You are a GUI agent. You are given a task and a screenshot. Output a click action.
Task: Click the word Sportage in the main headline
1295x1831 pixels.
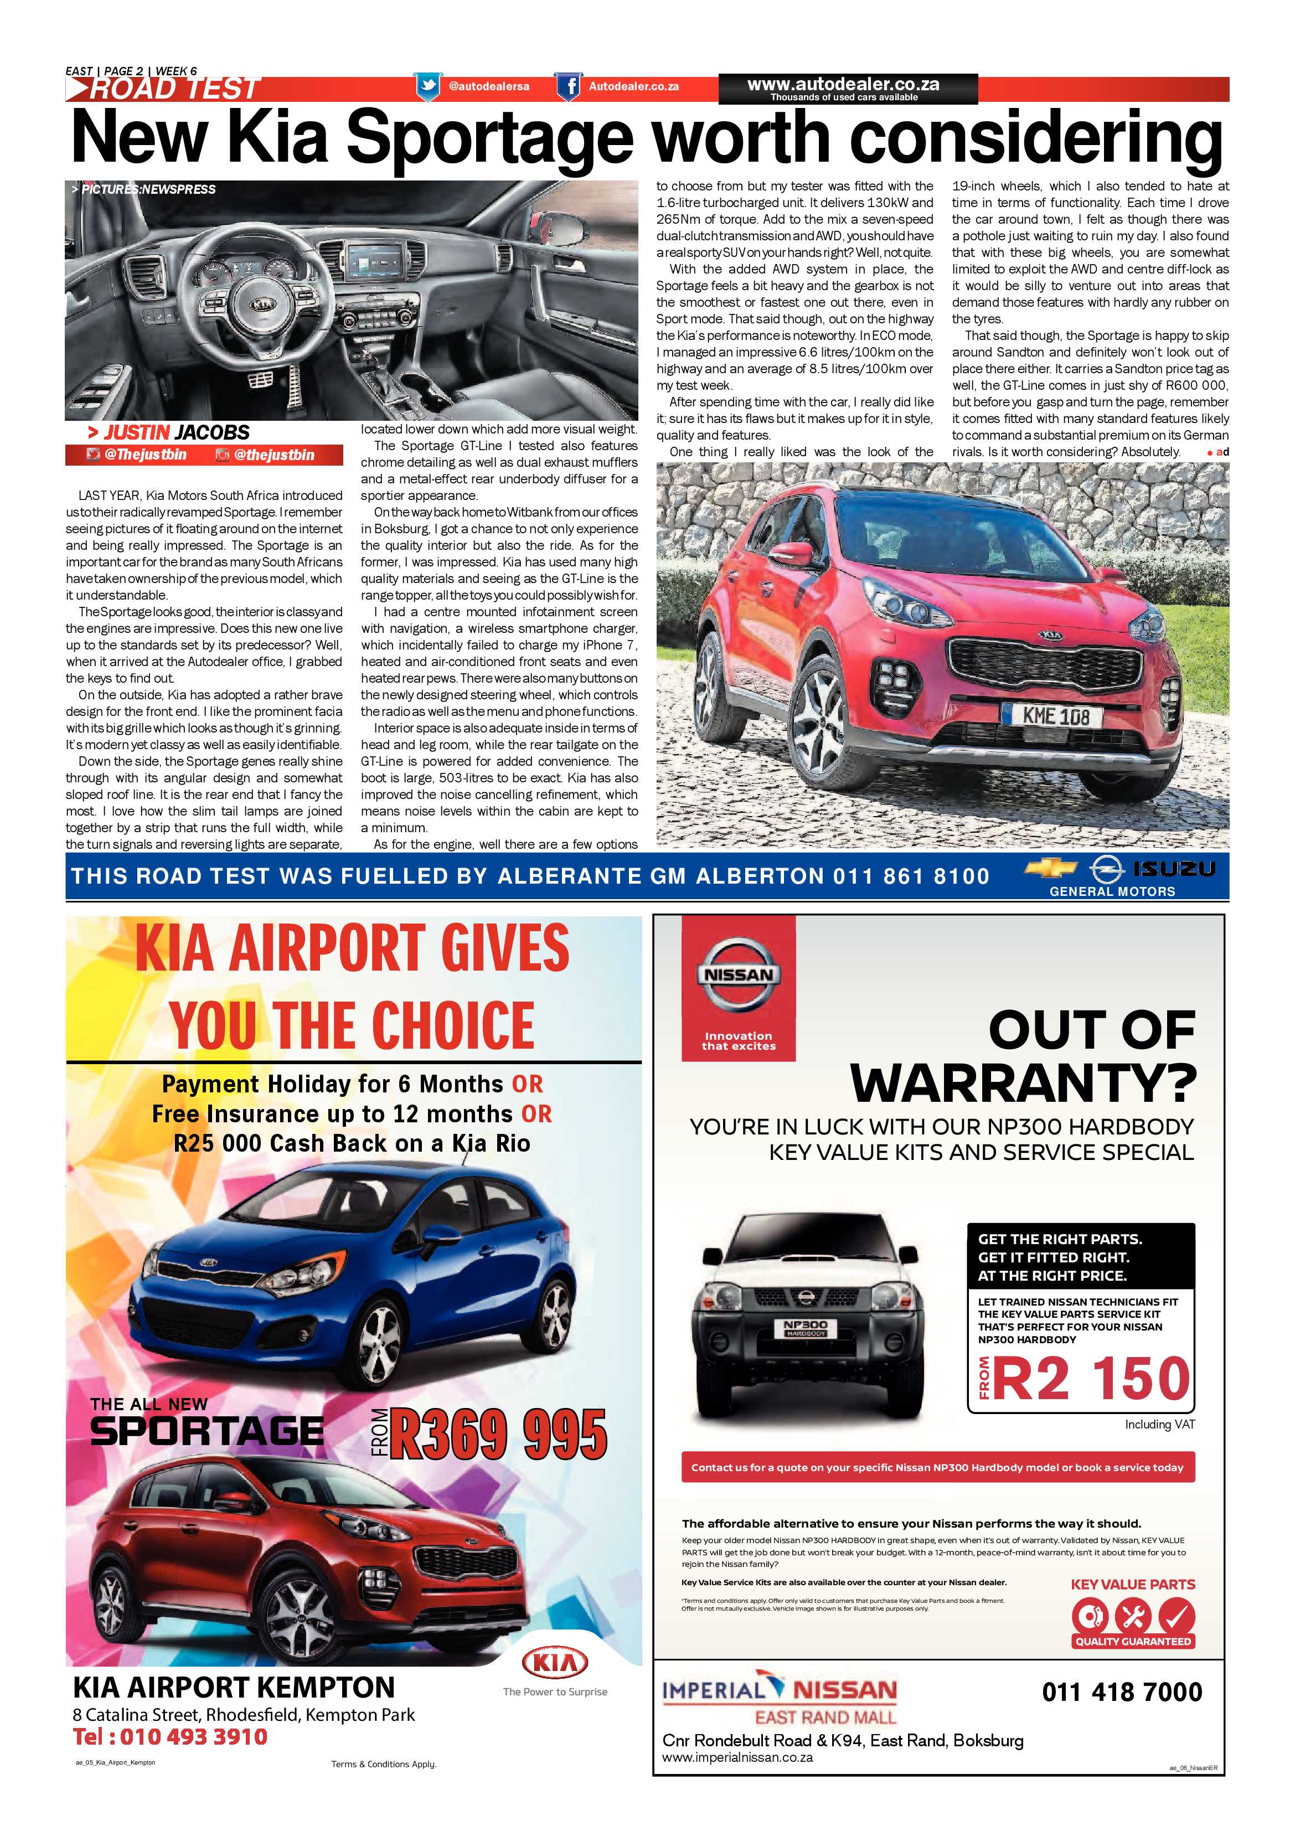[489, 138]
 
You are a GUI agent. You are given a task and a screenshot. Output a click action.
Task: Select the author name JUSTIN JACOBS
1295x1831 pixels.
[168, 433]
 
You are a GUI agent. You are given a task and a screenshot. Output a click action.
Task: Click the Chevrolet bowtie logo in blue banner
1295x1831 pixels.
[1049, 869]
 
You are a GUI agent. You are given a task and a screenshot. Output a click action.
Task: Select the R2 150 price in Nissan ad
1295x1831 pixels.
[1091, 1378]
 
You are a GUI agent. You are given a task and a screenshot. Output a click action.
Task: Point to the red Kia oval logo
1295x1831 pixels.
[555, 1663]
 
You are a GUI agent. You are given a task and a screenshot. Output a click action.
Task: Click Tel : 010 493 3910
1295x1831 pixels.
[170, 1737]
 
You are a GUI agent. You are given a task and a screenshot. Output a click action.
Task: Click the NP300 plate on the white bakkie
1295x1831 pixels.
[806, 1325]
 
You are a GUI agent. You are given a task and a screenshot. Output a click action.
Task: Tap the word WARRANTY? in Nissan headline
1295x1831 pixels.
[1023, 1083]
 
